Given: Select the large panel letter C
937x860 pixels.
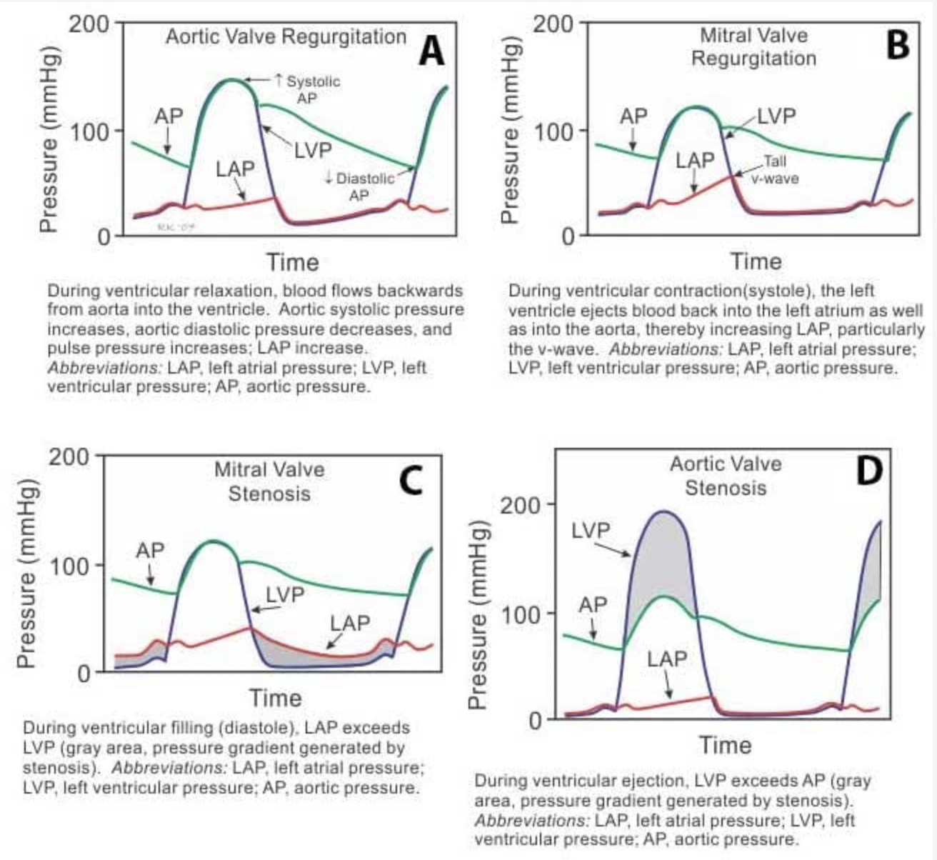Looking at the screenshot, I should [x=410, y=480].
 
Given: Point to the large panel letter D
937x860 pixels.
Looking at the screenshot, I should [x=868, y=471].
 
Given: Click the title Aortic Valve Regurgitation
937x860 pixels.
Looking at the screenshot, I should [x=286, y=36].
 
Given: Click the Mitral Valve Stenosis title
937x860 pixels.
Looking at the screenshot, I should [x=269, y=481].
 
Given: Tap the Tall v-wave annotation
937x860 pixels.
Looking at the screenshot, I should [x=774, y=170].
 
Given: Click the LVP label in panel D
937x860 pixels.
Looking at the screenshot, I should [x=591, y=530].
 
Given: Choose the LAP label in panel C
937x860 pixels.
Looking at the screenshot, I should [x=350, y=623].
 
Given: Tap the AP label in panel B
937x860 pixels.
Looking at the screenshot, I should [x=633, y=116].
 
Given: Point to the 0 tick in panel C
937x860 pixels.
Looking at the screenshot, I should [x=84, y=673].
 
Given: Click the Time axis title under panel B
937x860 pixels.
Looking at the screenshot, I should [x=756, y=261].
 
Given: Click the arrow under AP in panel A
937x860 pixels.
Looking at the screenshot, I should [x=166, y=144].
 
